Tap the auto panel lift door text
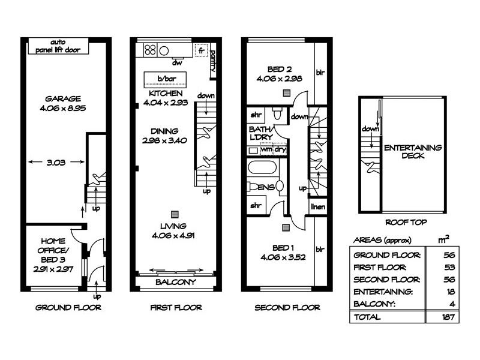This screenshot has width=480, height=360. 58,46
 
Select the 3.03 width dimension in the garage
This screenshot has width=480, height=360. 55,161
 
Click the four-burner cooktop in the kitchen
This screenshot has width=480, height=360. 150,50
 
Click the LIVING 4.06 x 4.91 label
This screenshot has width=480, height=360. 175,230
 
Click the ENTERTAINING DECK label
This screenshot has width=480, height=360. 413,151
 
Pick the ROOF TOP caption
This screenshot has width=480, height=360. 406,222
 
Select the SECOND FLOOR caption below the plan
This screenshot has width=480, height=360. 287,308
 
